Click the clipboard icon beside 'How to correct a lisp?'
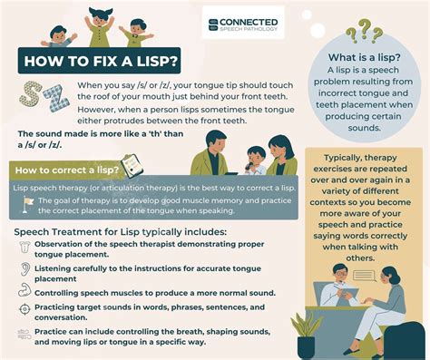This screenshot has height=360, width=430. click(131, 166)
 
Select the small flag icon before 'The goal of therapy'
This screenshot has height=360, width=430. click(29, 201)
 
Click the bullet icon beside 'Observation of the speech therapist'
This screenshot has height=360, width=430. click(24, 251)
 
